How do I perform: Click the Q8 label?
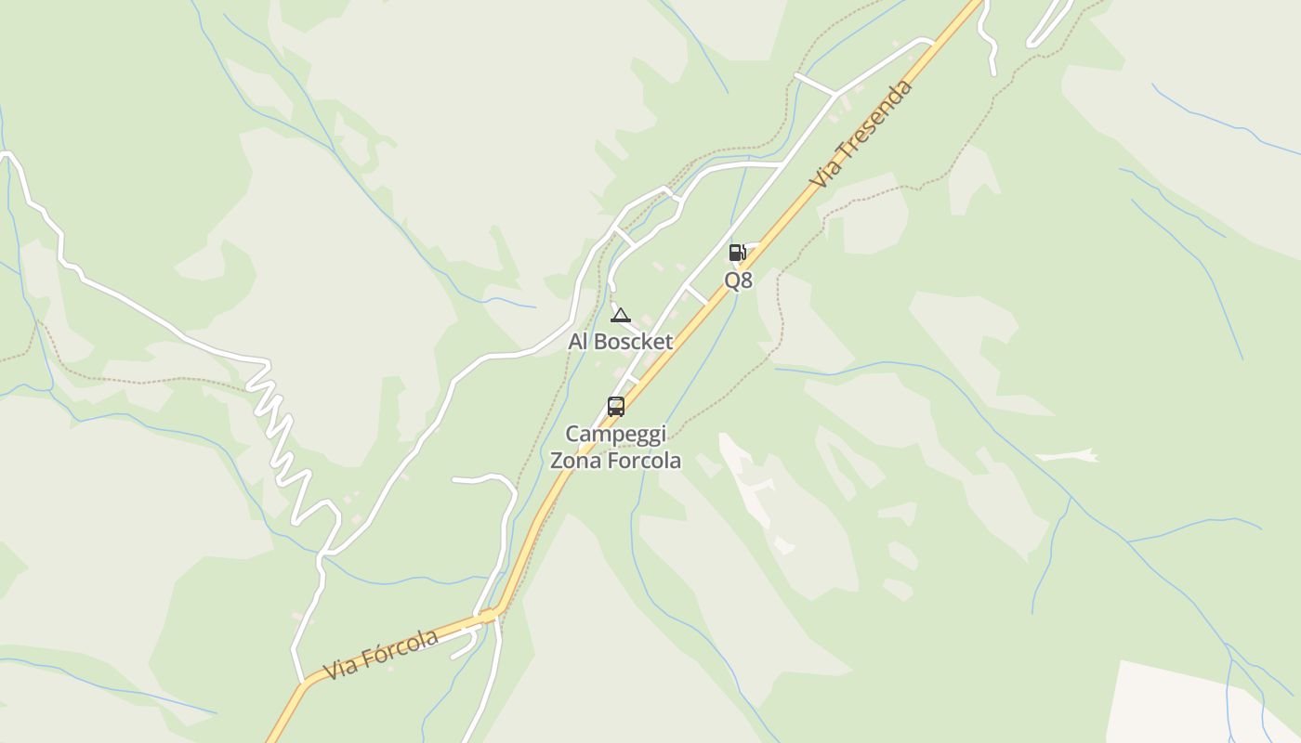pos(738,280)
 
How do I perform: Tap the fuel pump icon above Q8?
pos(737,252)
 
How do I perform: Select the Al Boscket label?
pos(620,342)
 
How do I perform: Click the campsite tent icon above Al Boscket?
pos(621,315)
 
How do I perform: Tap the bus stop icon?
pos(615,406)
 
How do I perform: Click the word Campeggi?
pos(615,435)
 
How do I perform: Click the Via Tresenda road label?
pos(861,134)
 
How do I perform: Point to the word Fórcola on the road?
pos(399,647)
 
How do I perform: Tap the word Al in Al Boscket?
pos(578,342)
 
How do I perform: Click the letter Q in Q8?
pos(731,280)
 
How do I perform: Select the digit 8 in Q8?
pos(746,280)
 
